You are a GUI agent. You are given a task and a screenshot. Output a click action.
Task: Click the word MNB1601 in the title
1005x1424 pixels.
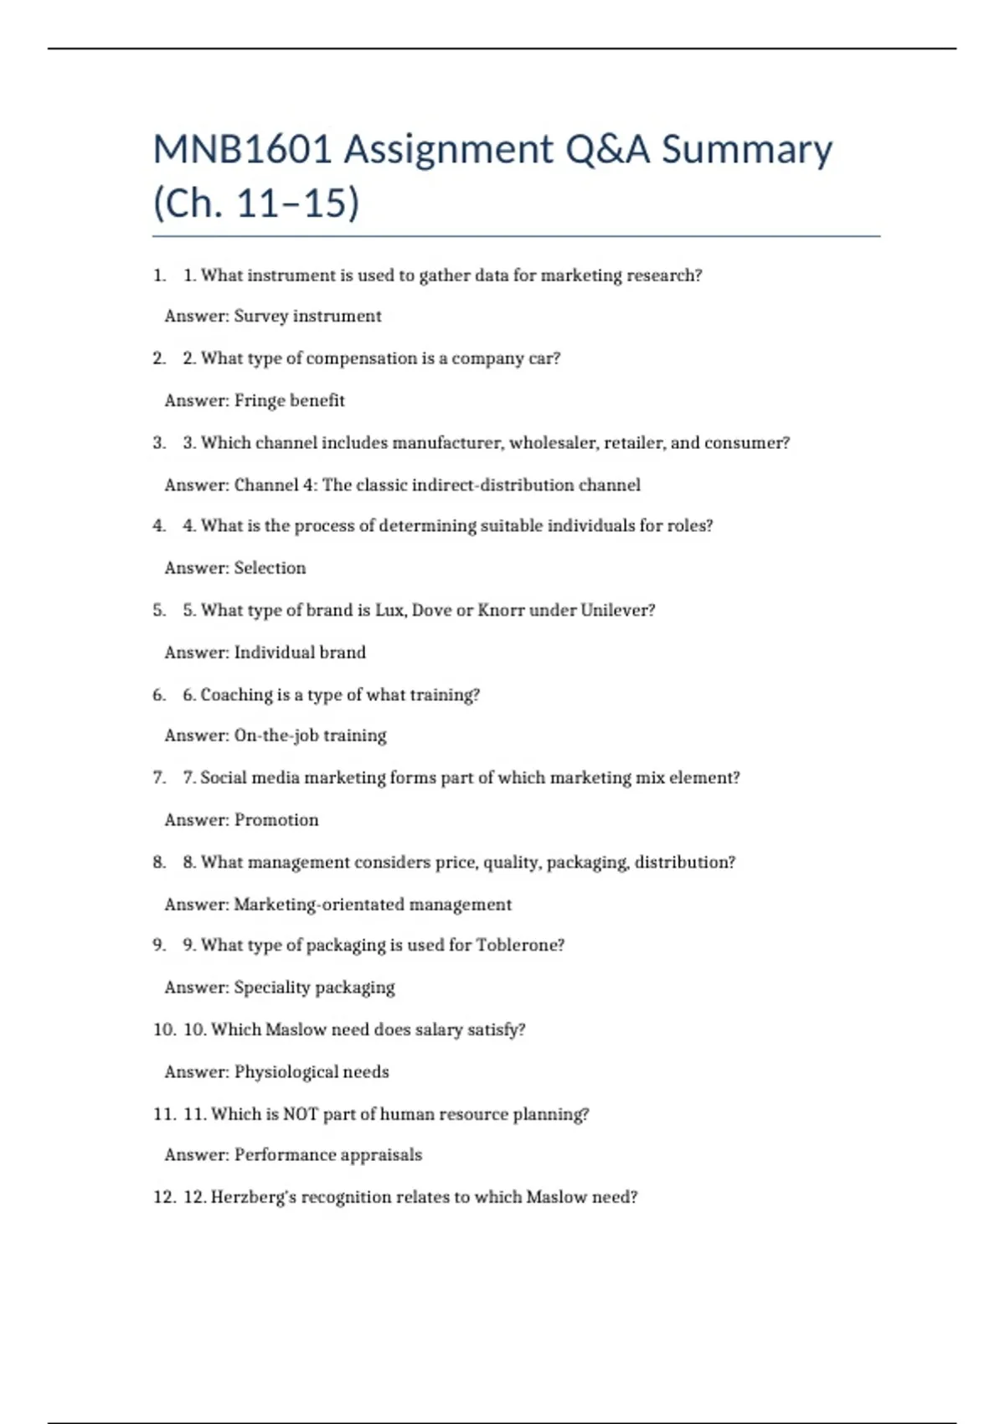click(x=243, y=150)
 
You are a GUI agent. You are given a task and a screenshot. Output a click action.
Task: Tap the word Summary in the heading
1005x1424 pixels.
click(x=747, y=150)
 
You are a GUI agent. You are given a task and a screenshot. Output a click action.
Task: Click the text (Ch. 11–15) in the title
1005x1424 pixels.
click(x=256, y=204)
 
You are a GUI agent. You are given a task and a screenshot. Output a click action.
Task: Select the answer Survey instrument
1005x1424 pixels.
click(x=307, y=317)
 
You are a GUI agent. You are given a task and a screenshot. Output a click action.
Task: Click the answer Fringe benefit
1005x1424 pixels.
click(x=289, y=400)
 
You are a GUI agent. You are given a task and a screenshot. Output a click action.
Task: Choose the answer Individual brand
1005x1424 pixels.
click(x=300, y=653)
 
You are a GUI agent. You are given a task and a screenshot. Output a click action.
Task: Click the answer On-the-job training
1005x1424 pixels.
click(x=310, y=735)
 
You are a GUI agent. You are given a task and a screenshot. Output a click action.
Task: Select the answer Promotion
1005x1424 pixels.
click(x=276, y=820)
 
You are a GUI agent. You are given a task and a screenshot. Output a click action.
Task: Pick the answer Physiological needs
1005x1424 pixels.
click(x=312, y=1072)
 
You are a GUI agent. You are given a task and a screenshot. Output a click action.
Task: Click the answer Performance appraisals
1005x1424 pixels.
click(x=328, y=1155)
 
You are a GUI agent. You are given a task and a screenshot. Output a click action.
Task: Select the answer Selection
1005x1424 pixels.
click(x=270, y=568)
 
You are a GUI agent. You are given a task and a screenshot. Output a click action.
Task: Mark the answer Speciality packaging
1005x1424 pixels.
click(x=314, y=988)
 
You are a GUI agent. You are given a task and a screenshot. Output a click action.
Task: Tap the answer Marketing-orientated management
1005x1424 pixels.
click(x=373, y=905)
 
